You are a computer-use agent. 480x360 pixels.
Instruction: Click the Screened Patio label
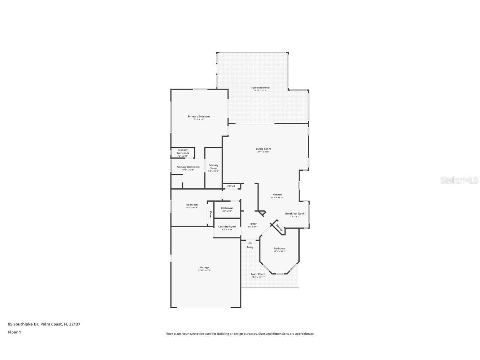tap(260, 87)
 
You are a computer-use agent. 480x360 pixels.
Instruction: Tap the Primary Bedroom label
tap(199, 116)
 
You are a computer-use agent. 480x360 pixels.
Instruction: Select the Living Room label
tap(263, 149)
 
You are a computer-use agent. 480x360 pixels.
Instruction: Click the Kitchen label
tap(277, 195)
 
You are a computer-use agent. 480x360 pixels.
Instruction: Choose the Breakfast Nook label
tap(295, 213)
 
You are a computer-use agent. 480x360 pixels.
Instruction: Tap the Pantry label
tap(279, 228)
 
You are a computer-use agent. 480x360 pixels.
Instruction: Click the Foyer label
tap(253, 224)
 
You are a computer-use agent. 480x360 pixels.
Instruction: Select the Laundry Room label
tap(227, 226)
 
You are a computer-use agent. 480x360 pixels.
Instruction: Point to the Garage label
tap(204, 267)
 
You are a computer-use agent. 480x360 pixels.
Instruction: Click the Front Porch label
tap(258, 274)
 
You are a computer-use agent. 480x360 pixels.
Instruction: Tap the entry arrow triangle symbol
tap(250, 242)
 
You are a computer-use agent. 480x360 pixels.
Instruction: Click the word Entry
tap(250, 247)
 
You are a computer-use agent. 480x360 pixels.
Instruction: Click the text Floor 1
tap(14, 332)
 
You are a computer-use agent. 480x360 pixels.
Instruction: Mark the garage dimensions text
tap(204, 270)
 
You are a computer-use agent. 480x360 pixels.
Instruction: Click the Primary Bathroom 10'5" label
tap(187, 167)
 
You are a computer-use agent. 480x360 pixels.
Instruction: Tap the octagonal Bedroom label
tap(280, 248)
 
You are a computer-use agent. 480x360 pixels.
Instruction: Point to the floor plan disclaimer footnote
tap(240, 334)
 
